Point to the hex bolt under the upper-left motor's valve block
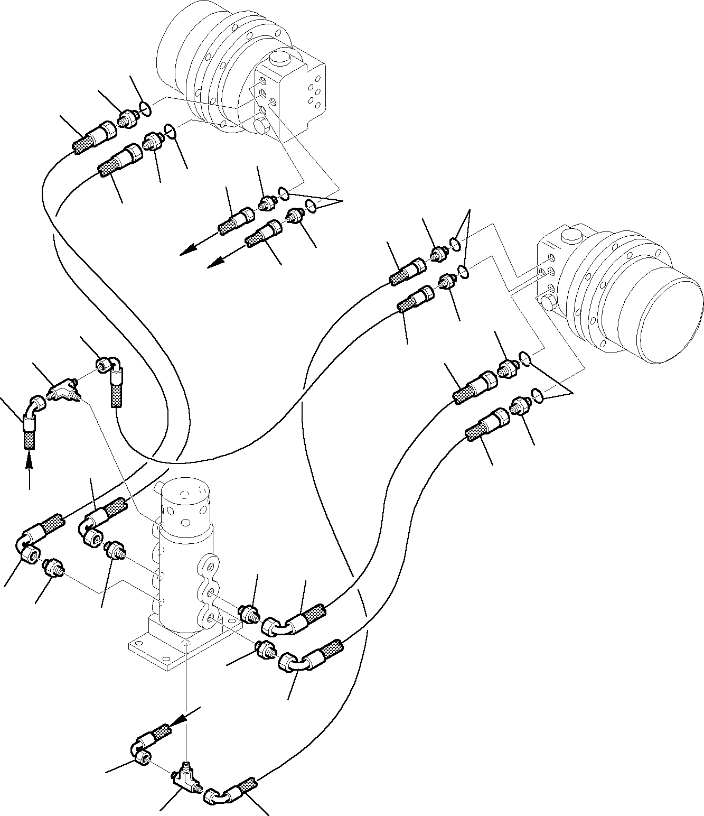tap(260, 127)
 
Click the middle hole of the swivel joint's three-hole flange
tap(211, 591)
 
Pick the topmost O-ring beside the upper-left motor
tap(146, 109)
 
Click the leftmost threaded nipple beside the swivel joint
tap(52, 568)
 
